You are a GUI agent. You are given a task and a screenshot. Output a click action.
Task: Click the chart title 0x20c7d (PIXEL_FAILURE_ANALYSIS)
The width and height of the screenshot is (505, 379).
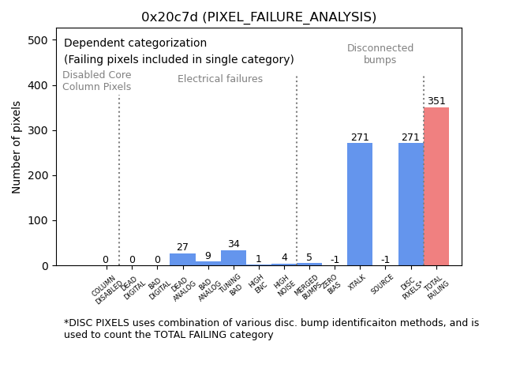(x=259, y=17)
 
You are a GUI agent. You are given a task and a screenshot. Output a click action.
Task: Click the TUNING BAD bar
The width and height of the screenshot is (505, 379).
(x=234, y=258)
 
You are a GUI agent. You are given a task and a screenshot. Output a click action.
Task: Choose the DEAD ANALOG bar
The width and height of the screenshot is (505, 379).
(x=182, y=260)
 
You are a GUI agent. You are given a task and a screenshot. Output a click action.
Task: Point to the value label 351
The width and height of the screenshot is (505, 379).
(x=436, y=101)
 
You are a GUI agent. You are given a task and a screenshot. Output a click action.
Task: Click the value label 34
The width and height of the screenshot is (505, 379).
(x=234, y=245)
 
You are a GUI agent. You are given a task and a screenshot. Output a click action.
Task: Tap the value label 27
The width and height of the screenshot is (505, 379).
(x=182, y=248)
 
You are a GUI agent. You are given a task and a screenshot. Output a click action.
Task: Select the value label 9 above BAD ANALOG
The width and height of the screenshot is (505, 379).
(x=208, y=256)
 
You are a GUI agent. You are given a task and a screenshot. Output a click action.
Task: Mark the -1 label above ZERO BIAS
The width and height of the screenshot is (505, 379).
(x=335, y=260)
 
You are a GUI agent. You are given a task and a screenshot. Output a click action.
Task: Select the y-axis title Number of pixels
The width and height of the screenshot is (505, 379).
(x=17, y=147)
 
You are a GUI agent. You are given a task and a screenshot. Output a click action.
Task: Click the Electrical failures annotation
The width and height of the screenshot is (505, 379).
(x=220, y=79)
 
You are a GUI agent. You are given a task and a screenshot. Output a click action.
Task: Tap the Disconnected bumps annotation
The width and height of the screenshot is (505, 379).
(x=380, y=54)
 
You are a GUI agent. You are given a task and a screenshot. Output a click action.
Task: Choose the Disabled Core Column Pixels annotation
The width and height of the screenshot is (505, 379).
(x=97, y=81)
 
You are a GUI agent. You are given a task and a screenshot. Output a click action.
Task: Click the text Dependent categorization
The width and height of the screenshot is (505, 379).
(x=135, y=43)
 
